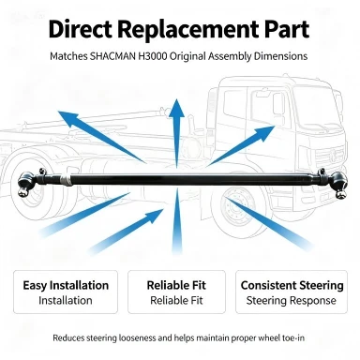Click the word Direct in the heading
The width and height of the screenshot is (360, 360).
pos(80,29)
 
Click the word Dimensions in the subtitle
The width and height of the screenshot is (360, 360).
pos(280,56)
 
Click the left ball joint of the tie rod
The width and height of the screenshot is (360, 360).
pos(24,184)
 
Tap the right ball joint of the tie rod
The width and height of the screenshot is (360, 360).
pos(339,185)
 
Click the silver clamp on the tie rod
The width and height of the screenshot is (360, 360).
pos(65,180)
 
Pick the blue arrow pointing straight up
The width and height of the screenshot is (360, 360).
pos(176,133)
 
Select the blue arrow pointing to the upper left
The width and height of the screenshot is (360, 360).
pos(101,137)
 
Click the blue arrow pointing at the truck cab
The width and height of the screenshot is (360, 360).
pos(241,145)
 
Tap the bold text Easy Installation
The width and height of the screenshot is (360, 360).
pos(66,285)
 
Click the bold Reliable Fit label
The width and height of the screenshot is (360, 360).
pos(176,285)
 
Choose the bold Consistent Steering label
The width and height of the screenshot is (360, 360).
pos(292,285)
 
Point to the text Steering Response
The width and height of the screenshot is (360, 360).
pos(291,301)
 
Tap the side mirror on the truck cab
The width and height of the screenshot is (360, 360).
pos(277,105)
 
